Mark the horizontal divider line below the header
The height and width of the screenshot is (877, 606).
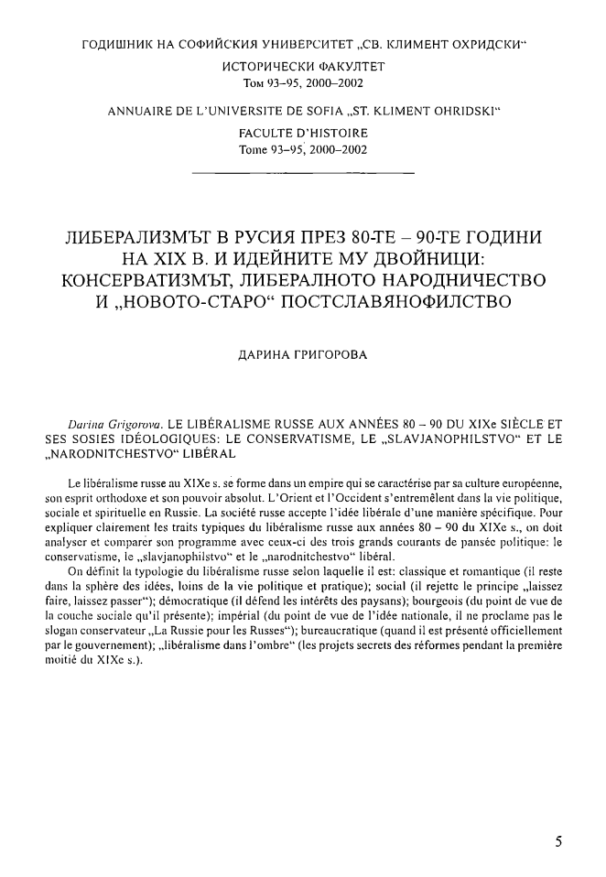tap(302, 172)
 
